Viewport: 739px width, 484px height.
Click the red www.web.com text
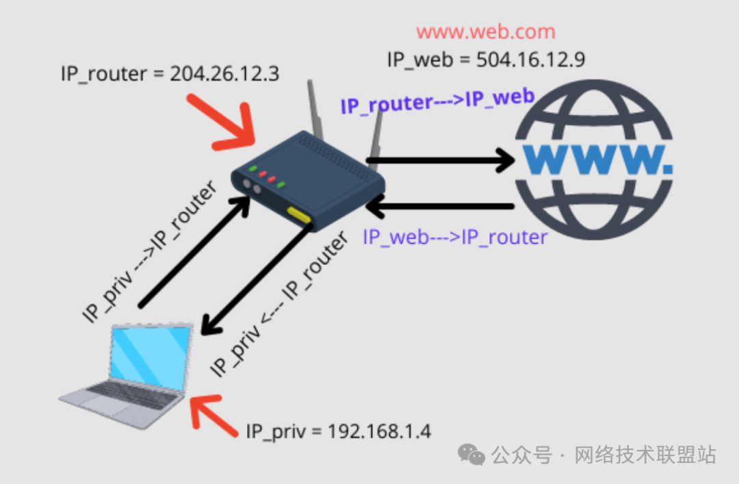(x=485, y=32)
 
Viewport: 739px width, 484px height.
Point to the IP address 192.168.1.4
(x=380, y=431)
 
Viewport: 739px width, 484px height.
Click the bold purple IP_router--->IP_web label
(x=437, y=101)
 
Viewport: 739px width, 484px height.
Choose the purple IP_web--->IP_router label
(x=455, y=238)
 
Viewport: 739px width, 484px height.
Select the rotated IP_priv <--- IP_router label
(x=278, y=305)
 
